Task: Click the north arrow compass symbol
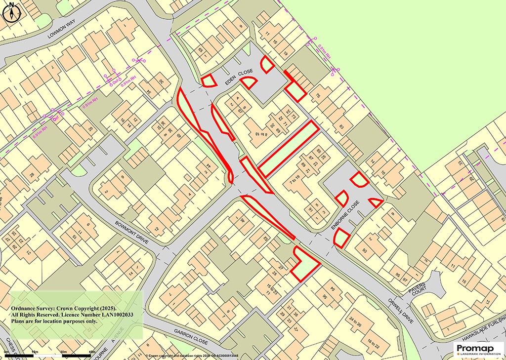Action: pos(11,12)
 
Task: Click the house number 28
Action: pos(32,175)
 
